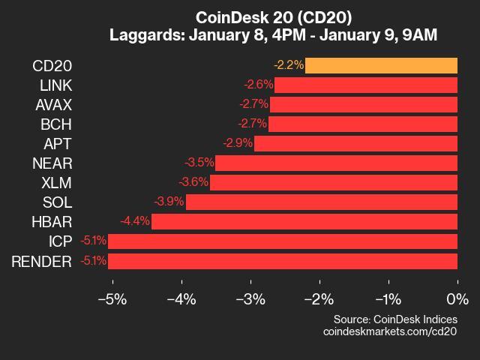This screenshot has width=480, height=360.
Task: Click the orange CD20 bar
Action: click(x=381, y=65)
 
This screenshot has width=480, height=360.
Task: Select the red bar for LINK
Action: click(x=366, y=85)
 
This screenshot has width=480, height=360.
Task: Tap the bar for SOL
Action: click(x=322, y=202)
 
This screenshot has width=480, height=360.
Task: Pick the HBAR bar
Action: click(x=304, y=221)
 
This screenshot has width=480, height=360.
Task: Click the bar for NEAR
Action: click(x=336, y=163)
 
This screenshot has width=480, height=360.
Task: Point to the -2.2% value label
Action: click(x=289, y=65)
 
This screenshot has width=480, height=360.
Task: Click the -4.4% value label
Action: click(x=135, y=221)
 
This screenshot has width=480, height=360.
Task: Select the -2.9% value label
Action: click(x=238, y=143)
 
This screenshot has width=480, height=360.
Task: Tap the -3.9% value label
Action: click(x=169, y=202)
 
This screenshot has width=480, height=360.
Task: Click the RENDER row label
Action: click(x=42, y=261)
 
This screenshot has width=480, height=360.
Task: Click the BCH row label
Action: click(x=56, y=124)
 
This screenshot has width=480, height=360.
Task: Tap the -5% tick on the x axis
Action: click(x=112, y=299)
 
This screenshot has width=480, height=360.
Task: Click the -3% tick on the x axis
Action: click(x=250, y=299)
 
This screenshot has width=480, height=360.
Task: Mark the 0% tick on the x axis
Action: click(x=457, y=299)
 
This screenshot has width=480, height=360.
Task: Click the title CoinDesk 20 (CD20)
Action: click(x=274, y=17)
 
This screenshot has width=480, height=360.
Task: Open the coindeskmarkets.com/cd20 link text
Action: click(x=389, y=331)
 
